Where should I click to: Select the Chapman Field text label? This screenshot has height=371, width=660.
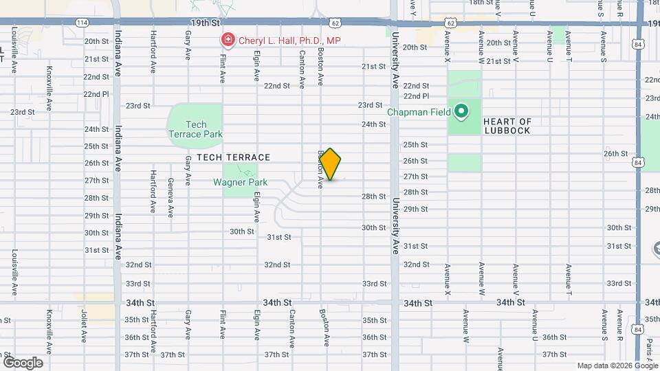point(418,112)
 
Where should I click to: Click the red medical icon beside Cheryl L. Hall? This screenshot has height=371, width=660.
point(226,41)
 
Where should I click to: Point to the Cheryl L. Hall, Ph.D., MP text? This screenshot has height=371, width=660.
point(289,41)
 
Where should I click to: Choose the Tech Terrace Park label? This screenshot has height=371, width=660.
point(196,129)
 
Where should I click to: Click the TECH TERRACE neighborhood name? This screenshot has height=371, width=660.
point(233,157)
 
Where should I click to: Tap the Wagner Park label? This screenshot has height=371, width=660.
point(240,183)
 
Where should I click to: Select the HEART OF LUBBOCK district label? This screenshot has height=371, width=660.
point(507,126)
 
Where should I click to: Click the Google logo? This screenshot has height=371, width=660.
point(23,363)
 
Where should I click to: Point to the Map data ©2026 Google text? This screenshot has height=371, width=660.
point(617,366)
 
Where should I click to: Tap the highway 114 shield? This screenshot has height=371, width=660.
point(82,23)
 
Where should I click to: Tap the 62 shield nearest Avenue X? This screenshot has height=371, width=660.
point(450,23)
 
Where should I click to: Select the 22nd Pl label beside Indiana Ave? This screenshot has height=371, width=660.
point(96,94)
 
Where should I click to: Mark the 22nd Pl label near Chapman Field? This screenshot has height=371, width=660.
point(416,96)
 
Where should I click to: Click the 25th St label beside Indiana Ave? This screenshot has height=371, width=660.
point(96,146)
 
